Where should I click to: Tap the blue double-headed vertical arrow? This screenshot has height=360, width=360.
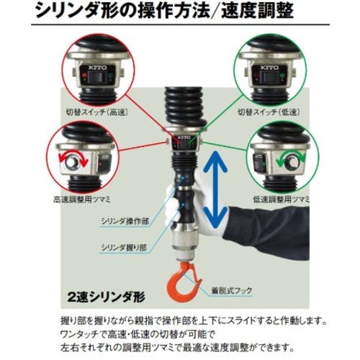[215, 189]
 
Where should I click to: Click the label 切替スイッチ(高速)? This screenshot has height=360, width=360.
[97, 112]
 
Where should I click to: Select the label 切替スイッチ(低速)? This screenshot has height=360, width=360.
[269, 112]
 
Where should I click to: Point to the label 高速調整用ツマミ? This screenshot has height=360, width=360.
[82, 199]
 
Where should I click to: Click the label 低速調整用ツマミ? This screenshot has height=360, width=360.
[282, 199]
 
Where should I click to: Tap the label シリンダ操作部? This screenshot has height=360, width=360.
[125, 221]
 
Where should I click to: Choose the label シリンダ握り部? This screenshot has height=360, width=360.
[124, 247]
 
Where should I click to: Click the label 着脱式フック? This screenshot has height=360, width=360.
[232, 291]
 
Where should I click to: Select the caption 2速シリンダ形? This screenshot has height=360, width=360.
[107, 297]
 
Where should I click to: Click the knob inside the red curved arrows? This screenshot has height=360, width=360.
[71, 163]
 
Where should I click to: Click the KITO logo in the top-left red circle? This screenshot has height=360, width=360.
[97, 68]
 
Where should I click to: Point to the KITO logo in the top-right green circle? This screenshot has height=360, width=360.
[269, 68]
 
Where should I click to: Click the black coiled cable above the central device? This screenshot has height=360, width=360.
[185, 107]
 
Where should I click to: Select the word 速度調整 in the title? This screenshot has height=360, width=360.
[257, 11]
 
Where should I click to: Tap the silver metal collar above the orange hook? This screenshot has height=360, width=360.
[186, 243]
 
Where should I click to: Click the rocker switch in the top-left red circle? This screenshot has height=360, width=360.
[95, 77]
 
